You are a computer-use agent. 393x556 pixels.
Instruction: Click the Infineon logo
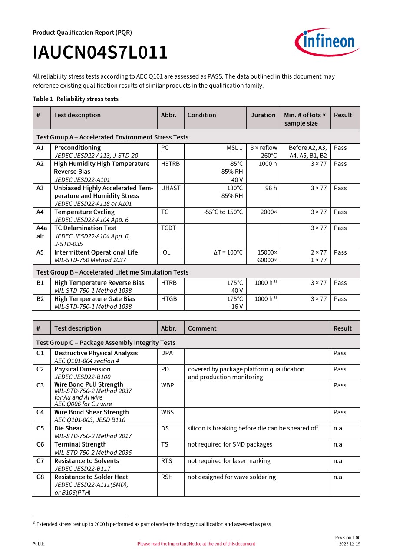[x=327, y=42]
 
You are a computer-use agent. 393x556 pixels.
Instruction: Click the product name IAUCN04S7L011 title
[x=100, y=53]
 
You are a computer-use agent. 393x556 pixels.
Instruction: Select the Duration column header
[x=263, y=115]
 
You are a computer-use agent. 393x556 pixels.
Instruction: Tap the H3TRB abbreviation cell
[x=170, y=164]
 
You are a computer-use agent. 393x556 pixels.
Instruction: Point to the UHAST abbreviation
[x=171, y=188]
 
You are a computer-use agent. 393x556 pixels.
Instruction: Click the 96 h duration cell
[x=271, y=188]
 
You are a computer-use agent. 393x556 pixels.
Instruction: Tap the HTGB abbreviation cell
[x=169, y=299]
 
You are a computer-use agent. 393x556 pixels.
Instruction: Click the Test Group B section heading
[x=112, y=272]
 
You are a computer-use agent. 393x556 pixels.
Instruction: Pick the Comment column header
[x=202, y=328]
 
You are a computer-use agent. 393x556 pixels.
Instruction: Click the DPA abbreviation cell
[x=167, y=353]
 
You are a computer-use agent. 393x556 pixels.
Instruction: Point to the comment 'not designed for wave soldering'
[x=231, y=477]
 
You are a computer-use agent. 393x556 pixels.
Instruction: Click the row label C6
[x=40, y=444]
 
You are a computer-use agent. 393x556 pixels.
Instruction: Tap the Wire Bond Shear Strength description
[x=92, y=412]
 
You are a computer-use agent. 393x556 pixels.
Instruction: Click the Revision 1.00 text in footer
[x=347, y=538]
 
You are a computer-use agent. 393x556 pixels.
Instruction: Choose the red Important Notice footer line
[x=196, y=544]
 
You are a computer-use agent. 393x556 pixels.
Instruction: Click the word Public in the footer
[x=39, y=544]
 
